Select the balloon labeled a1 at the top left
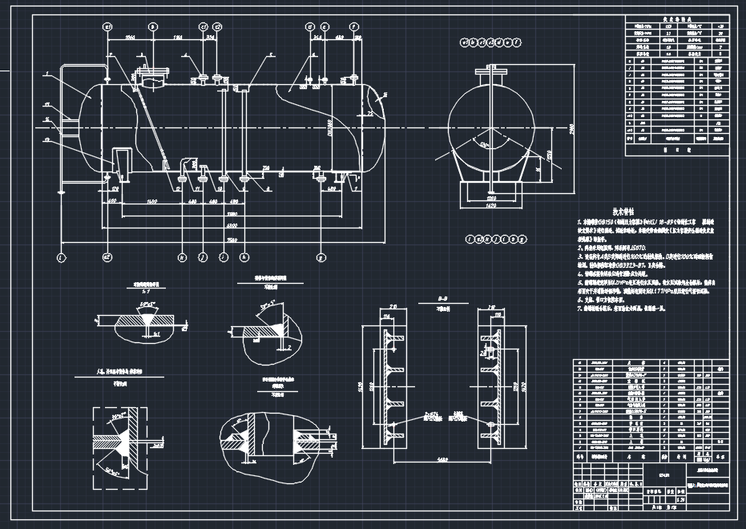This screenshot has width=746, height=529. (107, 26)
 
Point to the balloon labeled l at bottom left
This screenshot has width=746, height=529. (60, 258)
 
